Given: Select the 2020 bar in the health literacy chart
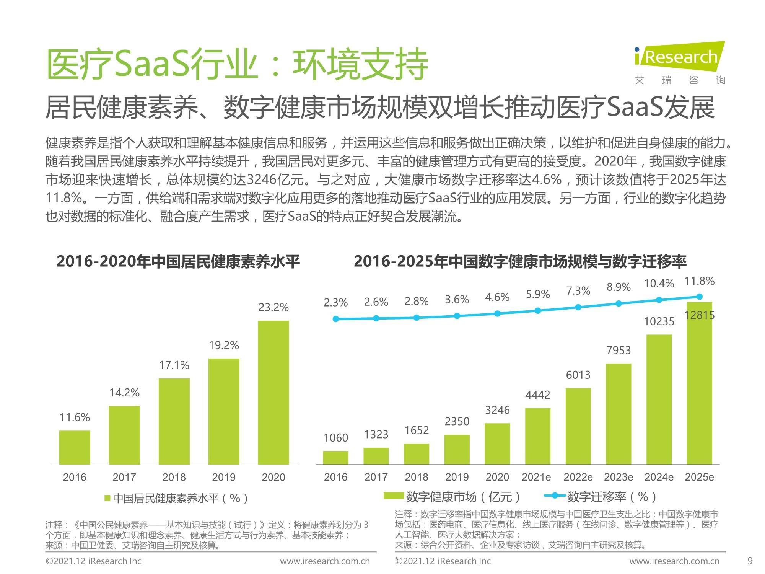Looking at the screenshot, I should pos(273,392).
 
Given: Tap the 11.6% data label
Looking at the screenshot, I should pos(75,417).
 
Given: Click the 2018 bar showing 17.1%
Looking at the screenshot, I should pos(174,421).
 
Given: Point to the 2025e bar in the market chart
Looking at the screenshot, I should pos(699,383).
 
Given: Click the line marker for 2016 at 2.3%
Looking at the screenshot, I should pos(336,319).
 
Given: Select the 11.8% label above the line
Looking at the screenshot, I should pos(699,281).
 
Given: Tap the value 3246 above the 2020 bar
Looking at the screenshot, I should pos(497,410).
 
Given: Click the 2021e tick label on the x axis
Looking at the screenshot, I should pos(537,477).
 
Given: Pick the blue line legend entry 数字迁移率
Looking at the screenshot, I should pos(601,497).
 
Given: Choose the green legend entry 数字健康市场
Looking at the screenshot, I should pos(453,497).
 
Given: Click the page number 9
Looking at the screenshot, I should pos(750,561).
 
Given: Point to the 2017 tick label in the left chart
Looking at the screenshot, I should pos(124,477).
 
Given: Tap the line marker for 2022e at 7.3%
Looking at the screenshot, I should pos(578,307).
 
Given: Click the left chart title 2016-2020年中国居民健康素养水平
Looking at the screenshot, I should pos(178,261).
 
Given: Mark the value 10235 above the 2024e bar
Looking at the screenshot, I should pos(659,321).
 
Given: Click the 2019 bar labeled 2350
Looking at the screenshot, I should pos(457,450).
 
